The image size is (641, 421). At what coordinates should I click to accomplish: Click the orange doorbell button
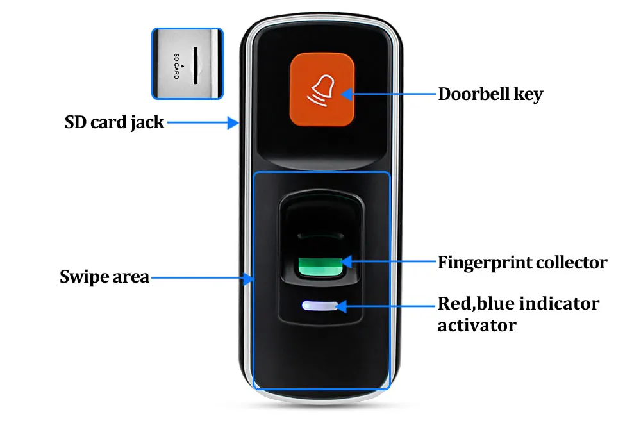322,89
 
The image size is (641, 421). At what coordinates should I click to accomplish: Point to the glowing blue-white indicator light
319,306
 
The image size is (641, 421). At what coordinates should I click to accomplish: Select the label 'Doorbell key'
490,95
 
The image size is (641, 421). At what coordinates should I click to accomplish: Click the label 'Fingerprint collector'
522,262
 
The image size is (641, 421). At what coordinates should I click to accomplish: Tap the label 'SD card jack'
114,122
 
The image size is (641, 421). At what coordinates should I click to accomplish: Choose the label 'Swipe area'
104,277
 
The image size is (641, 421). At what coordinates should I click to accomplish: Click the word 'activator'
477,325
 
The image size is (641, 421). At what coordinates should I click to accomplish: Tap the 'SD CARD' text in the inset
176,65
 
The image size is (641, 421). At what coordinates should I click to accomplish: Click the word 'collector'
570,262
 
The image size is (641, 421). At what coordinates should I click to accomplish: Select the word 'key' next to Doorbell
529,95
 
